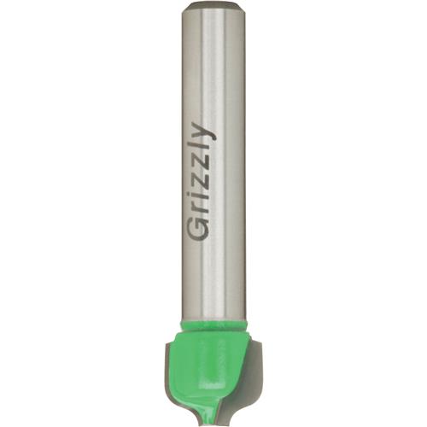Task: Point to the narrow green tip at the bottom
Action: tap(213, 416)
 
